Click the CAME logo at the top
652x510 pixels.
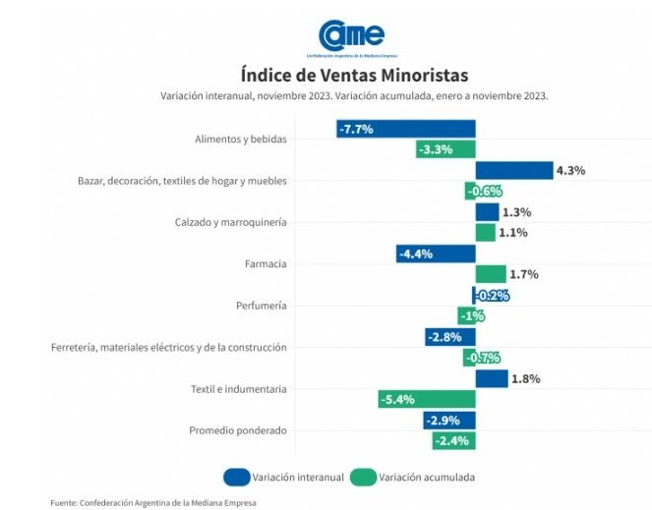[344, 36]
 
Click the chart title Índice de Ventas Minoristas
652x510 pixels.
[354, 76]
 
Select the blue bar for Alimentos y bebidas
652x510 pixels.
[405, 129]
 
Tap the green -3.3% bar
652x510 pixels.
[444, 149]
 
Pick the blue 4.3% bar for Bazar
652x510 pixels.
[513, 170]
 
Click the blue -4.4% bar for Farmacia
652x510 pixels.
[436, 254]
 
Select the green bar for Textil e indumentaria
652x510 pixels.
[426, 399]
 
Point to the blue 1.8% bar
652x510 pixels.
[491, 378]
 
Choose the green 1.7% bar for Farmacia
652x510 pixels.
[490, 274]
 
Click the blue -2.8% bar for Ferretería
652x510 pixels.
[449, 337]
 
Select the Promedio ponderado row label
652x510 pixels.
[237, 430]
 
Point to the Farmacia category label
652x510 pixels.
[265, 264]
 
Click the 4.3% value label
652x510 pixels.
[570, 170]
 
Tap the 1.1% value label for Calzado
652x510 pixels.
[513, 233]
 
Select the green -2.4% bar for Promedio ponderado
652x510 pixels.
[453, 441]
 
